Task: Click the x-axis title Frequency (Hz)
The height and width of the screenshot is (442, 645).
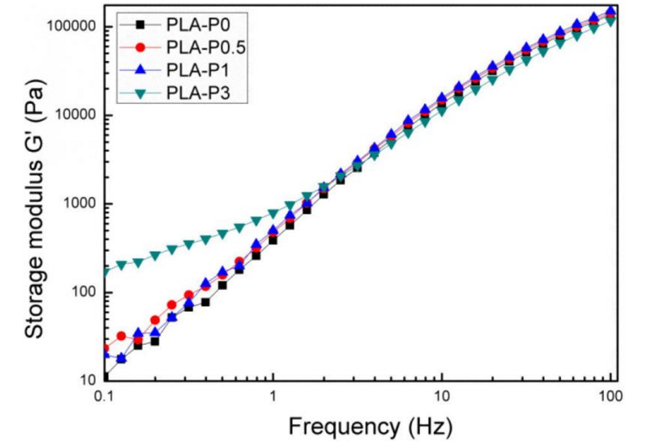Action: click(x=370, y=427)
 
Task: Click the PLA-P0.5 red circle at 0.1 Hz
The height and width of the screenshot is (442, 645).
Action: click(x=105, y=348)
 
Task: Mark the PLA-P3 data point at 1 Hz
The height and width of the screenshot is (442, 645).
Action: click(x=273, y=214)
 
